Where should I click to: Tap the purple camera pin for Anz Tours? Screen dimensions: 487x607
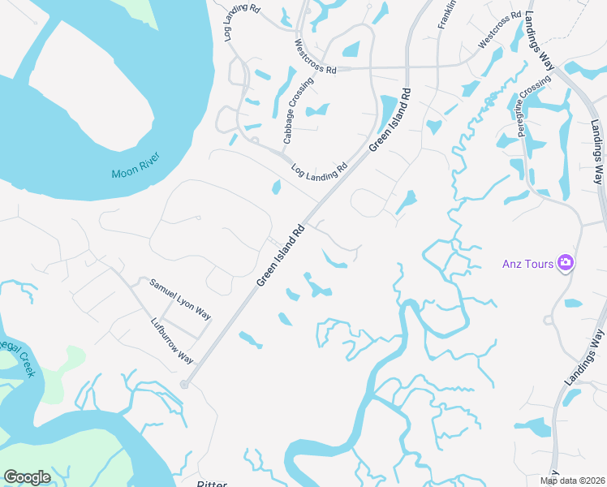[566, 263]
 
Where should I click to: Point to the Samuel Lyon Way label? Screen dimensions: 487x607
[180, 300]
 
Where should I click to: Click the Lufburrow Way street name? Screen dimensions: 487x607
[172, 339]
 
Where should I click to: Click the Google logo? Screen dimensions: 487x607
[27, 477]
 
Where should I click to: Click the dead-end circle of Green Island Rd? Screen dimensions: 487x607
[185, 385]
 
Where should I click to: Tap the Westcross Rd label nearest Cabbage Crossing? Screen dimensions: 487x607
[315, 57]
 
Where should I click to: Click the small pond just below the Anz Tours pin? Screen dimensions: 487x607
[573, 303]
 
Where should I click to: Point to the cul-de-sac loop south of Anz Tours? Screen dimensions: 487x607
[550, 320]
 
